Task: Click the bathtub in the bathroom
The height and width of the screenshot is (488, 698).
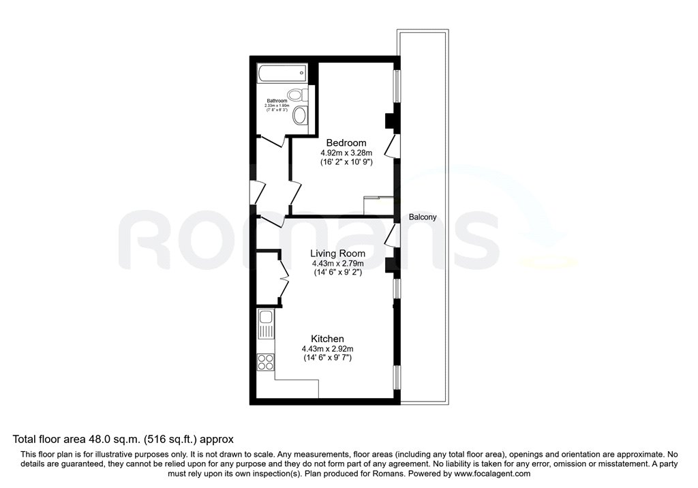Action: point(281,74)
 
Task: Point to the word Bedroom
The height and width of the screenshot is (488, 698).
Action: point(346,142)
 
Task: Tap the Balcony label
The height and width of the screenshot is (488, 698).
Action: point(423,217)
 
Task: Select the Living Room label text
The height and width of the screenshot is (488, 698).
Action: point(337,253)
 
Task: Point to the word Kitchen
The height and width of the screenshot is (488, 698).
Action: point(327,339)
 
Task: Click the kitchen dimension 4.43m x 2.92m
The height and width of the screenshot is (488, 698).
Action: point(327,349)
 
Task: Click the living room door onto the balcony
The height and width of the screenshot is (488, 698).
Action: point(391,237)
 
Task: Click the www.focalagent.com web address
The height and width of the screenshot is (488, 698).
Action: point(492,473)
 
